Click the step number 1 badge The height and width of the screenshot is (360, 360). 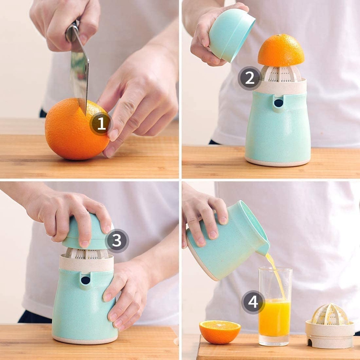[101, 124]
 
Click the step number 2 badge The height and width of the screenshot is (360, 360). [250, 78]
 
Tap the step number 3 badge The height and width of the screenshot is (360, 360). [117, 241]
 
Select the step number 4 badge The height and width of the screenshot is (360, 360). [253, 302]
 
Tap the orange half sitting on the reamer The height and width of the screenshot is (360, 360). [281, 50]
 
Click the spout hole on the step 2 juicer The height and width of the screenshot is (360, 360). [279, 103]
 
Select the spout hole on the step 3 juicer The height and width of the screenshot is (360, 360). [86, 280]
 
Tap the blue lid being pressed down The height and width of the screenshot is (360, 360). [87, 232]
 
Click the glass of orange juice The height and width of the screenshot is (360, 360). [275, 306]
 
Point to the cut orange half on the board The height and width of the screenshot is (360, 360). [220, 332]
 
